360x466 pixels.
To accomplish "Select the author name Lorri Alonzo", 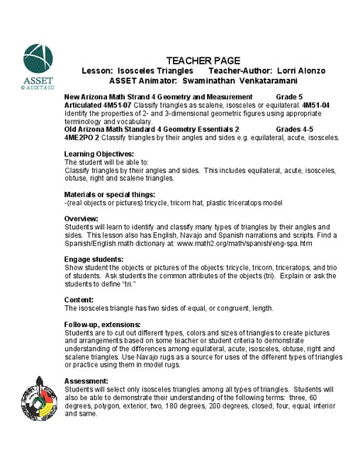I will click(x=296, y=70).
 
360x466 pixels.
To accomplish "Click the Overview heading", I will click(x=82, y=220).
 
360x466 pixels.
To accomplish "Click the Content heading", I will click(x=80, y=297).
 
